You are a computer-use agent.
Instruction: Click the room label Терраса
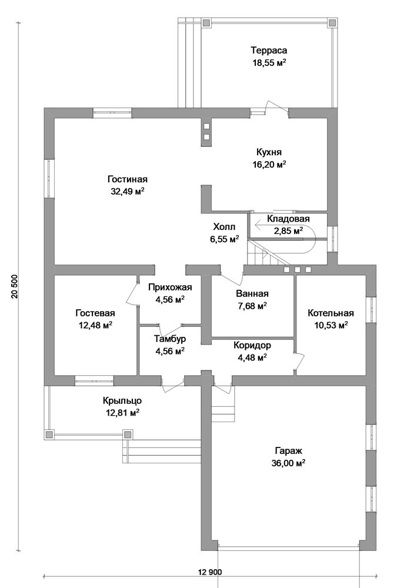[x=269, y=50]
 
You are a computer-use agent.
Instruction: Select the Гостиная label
[x=127, y=179]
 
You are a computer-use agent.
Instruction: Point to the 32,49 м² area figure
[x=127, y=192]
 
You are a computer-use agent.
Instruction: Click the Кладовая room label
[x=288, y=219]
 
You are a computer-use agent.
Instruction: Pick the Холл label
[x=224, y=227]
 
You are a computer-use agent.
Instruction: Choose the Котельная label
[x=330, y=312]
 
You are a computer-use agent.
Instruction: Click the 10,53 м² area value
[x=330, y=325]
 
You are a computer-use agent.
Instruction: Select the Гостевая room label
[x=95, y=313]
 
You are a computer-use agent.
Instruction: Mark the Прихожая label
[x=170, y=288]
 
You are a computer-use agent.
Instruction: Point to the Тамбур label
[x=170, y=339]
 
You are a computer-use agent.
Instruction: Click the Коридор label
[x=252, y=345]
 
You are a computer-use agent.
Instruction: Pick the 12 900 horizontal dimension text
[x=211, y=572]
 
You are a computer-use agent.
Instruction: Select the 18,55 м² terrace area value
[x=269, y=62]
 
